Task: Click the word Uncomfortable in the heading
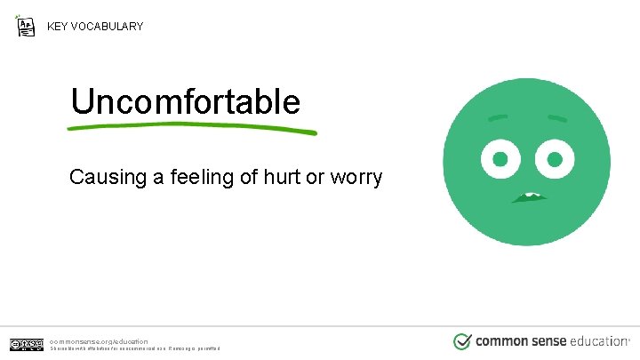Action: coord(185,102)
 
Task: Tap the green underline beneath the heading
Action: coord(191,128)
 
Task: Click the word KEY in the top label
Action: coord(59,27)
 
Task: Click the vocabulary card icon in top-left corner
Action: coord(26,25)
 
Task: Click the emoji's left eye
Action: coord(500,160)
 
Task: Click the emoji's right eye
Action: coord(556,160)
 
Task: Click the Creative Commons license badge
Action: coord(27,344)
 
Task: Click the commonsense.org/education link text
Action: coord(99,340)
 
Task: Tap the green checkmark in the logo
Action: coord(462,341)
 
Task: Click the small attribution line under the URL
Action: coord(133,348)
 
